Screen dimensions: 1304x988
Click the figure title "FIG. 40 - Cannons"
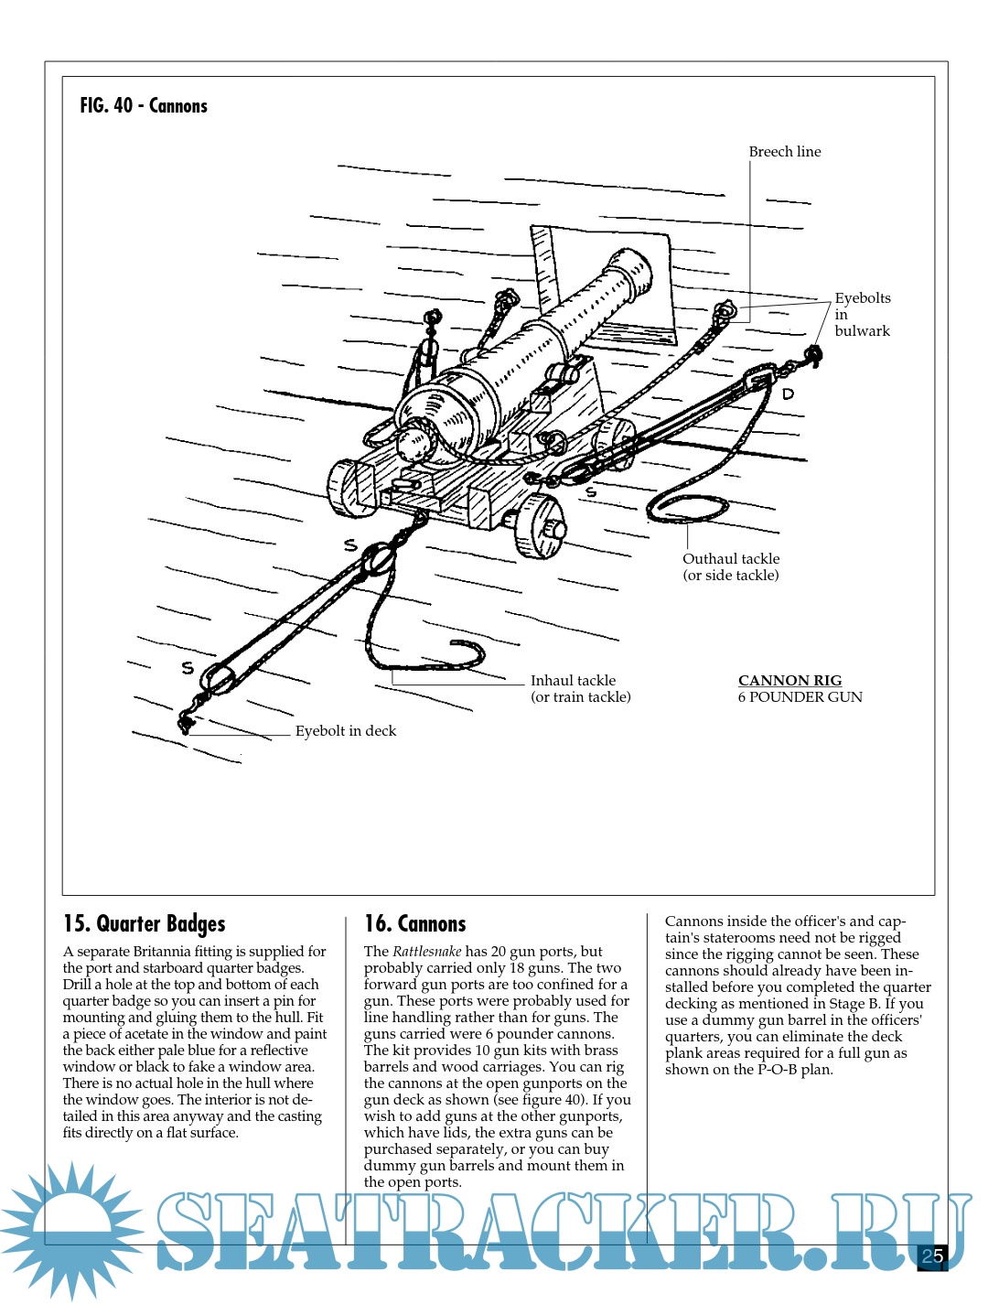pos(144,106)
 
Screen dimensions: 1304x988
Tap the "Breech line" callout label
pos(784,152)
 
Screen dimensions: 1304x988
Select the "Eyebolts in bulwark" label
pos(862,314)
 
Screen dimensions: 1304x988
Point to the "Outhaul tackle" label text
pos(731,559)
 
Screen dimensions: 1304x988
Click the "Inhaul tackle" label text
pos(573,681)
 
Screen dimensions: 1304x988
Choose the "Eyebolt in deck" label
pos(345,731)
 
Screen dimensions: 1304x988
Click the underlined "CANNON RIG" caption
pos(789,681)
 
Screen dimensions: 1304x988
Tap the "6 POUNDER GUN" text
pos(800,697)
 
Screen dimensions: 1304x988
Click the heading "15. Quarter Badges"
pos(144,923)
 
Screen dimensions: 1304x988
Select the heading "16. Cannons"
pos(414,923)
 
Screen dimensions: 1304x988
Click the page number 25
pos(932,1256)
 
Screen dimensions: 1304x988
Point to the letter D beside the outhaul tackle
pos(788,394)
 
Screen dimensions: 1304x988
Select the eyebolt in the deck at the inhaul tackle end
pos(186,724)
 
